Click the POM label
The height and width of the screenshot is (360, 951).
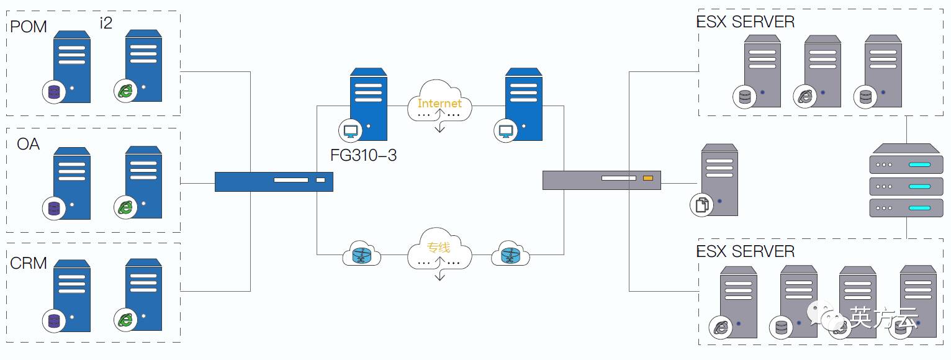(x=29, y=27)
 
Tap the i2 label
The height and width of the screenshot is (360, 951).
(x=106, y=23)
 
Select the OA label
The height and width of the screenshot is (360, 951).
(x=29, y=144)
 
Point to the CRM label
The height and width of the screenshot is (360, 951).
(x=29, y=263)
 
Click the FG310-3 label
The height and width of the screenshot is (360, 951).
(x=364, y=155)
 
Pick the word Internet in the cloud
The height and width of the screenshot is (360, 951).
(x=439, y=103)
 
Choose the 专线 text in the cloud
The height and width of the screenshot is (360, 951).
(x=438, y=248)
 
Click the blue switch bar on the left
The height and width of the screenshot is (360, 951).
(x=274, y=181)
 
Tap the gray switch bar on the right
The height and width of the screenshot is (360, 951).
(x=602, y=180)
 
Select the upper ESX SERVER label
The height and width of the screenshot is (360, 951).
(x=746, y=22)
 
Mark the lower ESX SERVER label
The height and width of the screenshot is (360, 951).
(x=746, y=251)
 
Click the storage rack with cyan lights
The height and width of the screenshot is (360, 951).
(x=906, y=180)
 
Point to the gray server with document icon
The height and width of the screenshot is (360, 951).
(x=719, y=180)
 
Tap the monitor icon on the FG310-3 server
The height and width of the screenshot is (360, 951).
(x=350, y=131)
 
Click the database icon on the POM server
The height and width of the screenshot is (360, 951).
(x=54, y=92)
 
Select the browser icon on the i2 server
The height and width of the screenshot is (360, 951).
(x=125, y=91)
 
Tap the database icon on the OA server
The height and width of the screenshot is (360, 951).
(x=54, y=207)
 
